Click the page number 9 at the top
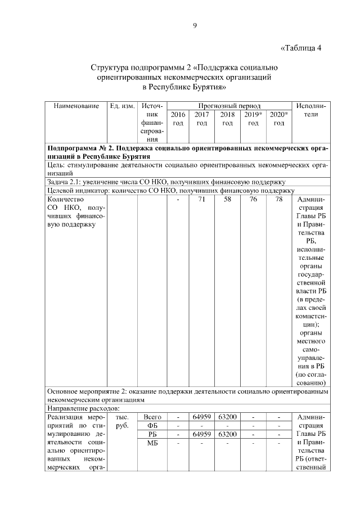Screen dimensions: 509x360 195,25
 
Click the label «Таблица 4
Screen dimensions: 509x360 300,47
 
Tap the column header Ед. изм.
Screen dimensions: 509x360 122,106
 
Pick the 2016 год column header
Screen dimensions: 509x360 178,119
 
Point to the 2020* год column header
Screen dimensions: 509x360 278,119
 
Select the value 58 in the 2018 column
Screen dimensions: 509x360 227,200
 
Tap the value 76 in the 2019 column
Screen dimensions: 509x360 253,200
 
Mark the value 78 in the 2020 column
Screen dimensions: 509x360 278,200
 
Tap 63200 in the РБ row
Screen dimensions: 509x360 227,435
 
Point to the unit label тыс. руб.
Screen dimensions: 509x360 122,422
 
